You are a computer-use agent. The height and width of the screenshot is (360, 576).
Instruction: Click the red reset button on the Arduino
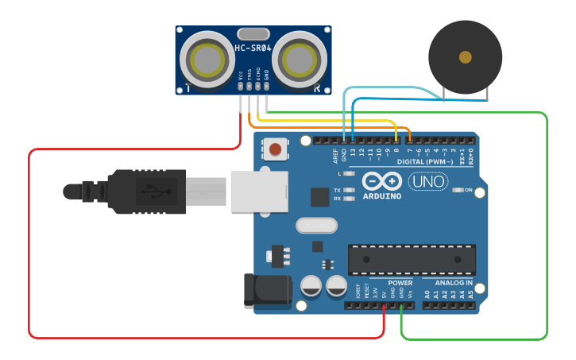tap(275, 149)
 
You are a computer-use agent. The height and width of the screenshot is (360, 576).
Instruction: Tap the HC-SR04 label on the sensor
tap(253, 48)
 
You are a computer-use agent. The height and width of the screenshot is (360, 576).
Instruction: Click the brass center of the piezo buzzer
tap(465, 57)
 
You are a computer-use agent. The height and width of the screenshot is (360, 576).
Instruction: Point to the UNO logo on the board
tap(427, 181)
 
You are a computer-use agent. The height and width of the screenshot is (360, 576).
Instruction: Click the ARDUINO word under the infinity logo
tap(381, 196)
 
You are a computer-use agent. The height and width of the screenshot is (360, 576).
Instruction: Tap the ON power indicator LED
tap(458, 191)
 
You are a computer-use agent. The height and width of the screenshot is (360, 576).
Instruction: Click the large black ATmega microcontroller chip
tap(412, 259)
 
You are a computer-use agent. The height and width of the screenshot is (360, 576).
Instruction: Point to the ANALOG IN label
tap(454, 283)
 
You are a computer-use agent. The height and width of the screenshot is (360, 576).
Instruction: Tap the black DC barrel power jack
tap(266, 291)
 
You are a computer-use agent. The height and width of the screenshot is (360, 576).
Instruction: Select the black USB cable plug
tap(147, 191)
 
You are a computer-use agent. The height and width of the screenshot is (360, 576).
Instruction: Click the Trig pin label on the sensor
tap(249, 75)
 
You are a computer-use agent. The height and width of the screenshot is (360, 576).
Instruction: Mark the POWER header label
tap(400, 283)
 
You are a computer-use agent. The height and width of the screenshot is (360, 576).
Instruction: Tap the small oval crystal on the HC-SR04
tap(253, 34)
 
